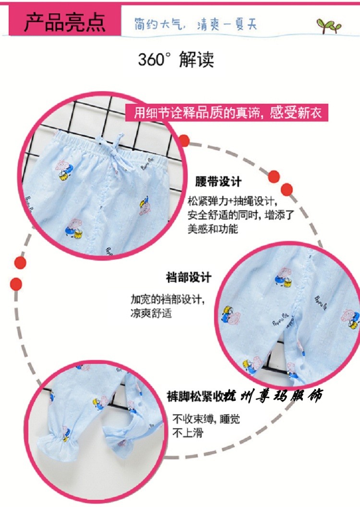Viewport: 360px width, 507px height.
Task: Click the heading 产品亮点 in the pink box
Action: pyautogui.click(x=65, y=23)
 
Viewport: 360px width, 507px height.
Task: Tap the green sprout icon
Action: pyautogui.click(x=328, y=25)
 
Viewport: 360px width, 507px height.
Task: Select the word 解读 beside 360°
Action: pyautogui.click(x=196, y=60)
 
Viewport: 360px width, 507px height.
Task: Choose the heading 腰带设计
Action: pyautogui.click(x=218, y=182)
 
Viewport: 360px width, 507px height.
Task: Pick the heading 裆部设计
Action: pyautogui.click(x=189, y=278)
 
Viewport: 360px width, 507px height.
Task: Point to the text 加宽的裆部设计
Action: pyautogui.click(x=168, y=300)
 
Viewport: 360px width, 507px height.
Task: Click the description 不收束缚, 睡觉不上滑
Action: pyautogui.click(x=206, y=426)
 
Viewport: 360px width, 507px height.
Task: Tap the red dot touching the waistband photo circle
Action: pyautogui.click(x=184, y=140)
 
